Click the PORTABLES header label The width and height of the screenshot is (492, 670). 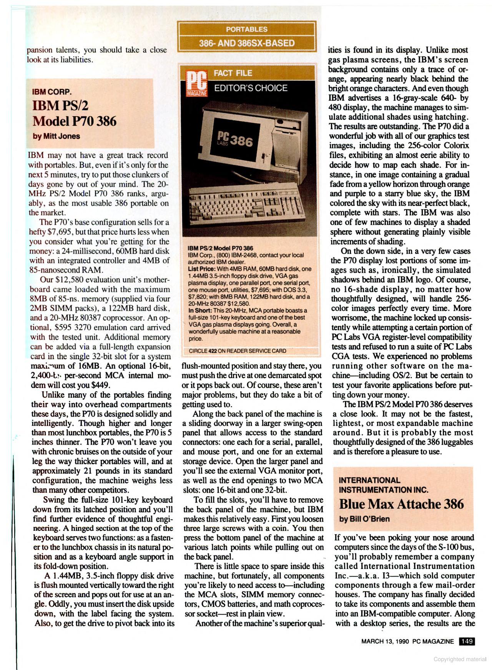246,29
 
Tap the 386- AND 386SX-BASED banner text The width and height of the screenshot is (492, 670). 246,43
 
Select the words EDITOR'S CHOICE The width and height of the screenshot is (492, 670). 251,88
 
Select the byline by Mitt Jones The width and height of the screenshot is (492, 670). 56,136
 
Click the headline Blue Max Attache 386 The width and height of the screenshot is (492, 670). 401,504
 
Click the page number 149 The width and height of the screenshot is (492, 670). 467,641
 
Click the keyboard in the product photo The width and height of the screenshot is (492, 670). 246,202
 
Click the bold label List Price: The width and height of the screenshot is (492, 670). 202,269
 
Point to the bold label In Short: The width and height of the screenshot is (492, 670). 200,310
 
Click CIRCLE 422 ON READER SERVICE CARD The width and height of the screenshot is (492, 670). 237,351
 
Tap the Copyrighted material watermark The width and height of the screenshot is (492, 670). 460,659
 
